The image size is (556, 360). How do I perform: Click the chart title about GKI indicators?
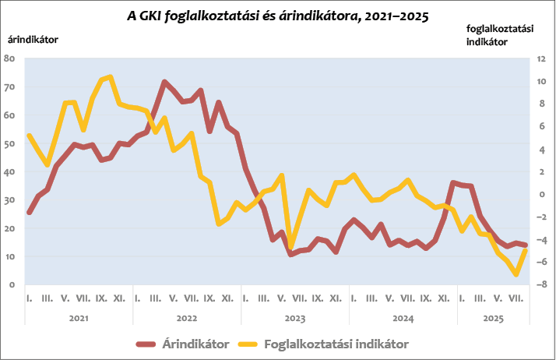[x=277, y=16]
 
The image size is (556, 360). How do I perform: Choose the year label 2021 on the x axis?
[x=78, y=318]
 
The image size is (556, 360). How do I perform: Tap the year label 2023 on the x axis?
[x=294, y=318]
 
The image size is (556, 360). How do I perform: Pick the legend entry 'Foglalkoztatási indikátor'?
[x=336, y=343]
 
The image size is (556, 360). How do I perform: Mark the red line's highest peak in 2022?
[x=164, y=82]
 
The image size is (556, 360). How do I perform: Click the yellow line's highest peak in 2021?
[x=110, y=76]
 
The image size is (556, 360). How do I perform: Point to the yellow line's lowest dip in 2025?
[x=516, y=274]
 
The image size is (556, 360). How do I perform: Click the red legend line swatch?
[x=146, y=343]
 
